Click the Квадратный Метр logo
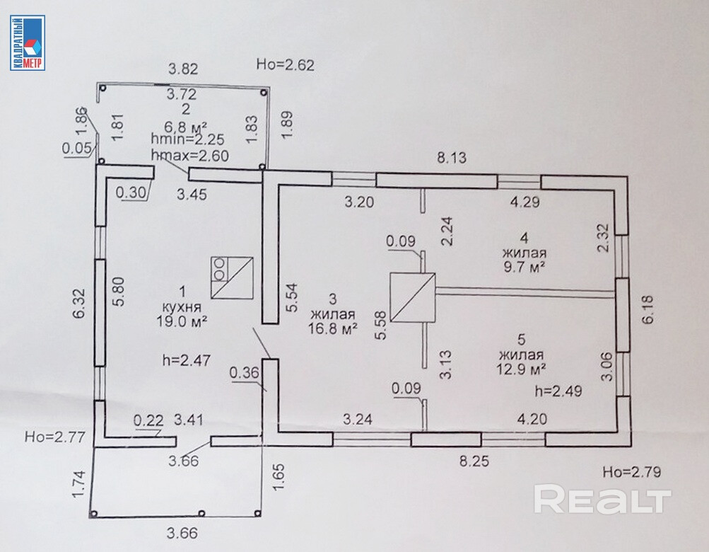tap(28, 42)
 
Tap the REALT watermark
tap(602, 499)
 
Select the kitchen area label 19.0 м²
tap(182, 321)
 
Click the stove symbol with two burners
tap(232, 277)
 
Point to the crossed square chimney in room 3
tap(412, 297)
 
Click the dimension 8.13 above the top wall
tap(452, 158)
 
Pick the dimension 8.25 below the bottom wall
tap(474, 461)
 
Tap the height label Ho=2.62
tap(286, 65)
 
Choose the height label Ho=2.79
tap(632, 472)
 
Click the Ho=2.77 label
tap(55, 437)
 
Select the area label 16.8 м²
tap(333, 328)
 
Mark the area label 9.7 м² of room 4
tap(524, 267)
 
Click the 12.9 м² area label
tap(521, 369)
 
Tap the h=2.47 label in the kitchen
tap(187, 360)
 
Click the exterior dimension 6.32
tap(80, 304)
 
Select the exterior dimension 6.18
tap(648, 310)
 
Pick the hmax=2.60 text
tap(190, 155)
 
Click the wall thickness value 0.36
tap(244, 373)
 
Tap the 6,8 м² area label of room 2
tap(183, 127)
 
